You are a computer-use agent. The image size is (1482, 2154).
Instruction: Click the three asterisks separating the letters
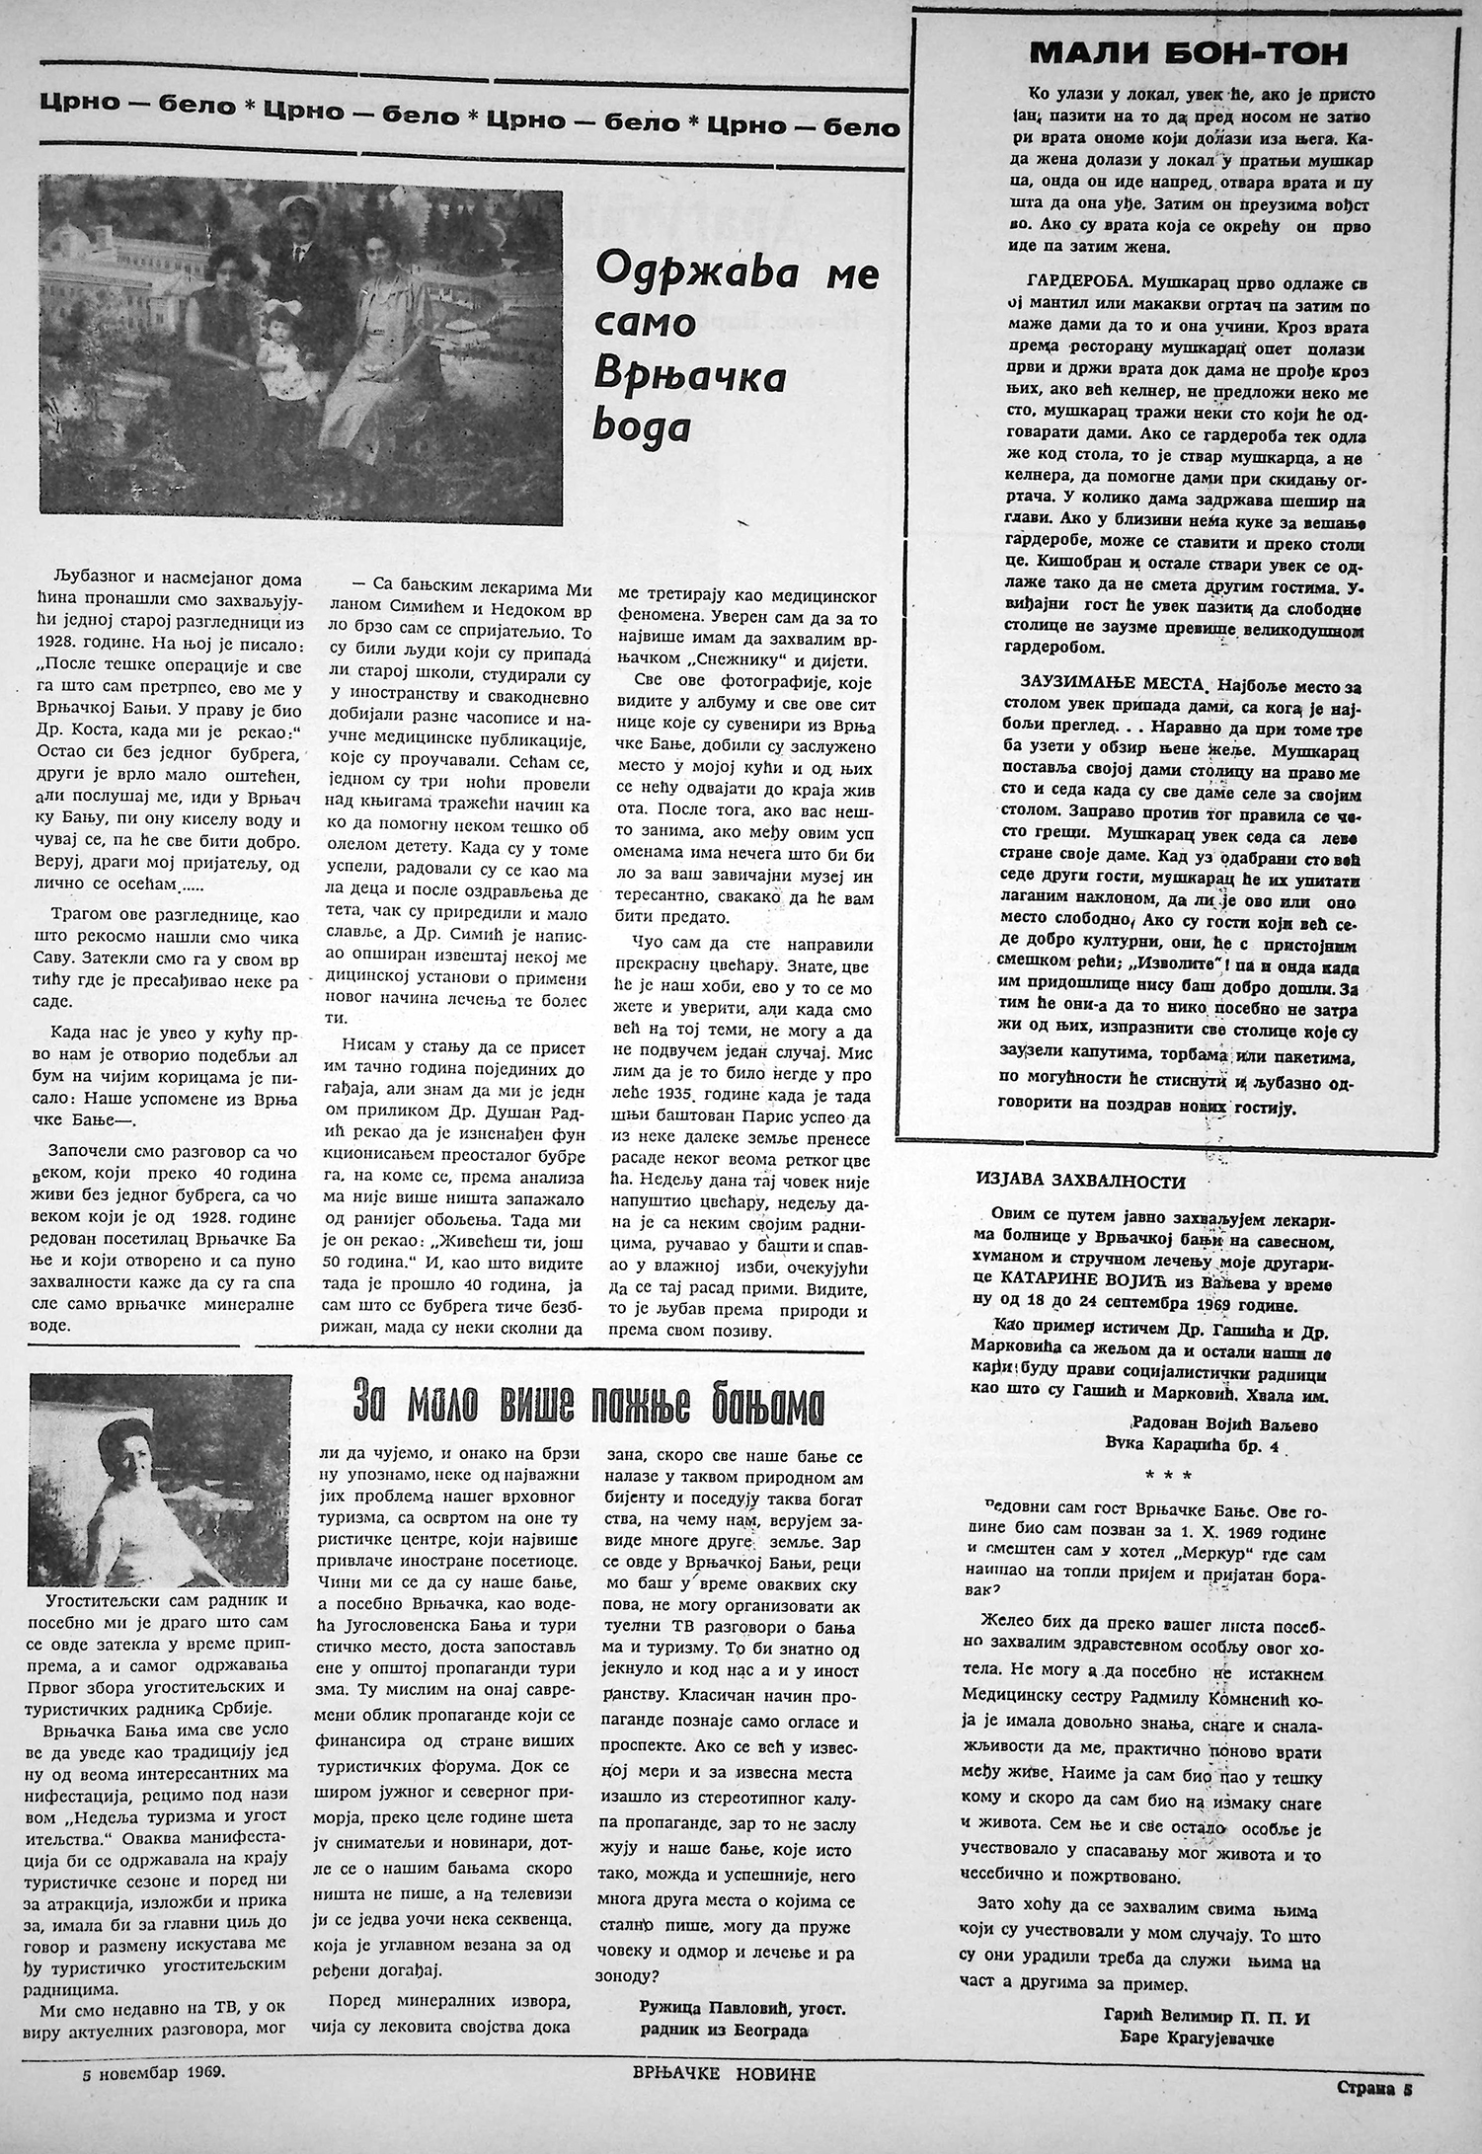pyautogui.click(x=1166, y=1476)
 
